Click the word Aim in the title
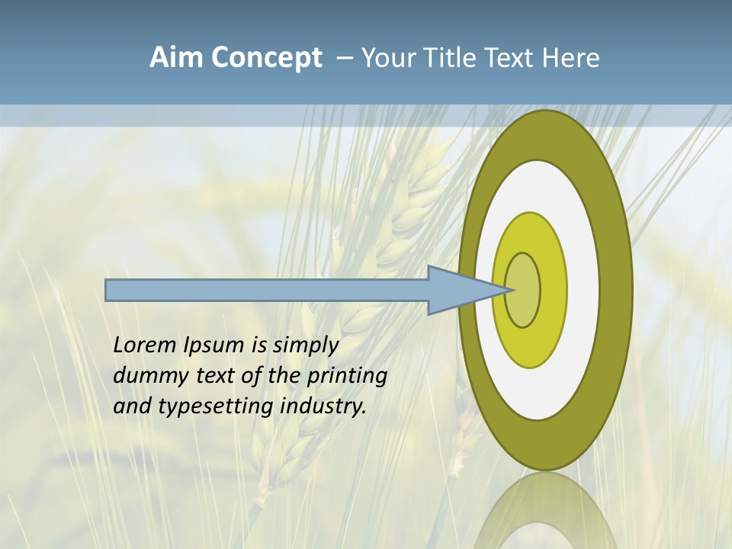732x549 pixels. [x=177, y=58]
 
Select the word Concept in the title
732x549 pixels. [x=267, y=58]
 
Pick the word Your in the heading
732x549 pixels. [x=387, y=58]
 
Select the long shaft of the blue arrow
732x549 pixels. [x=267, y=290]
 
